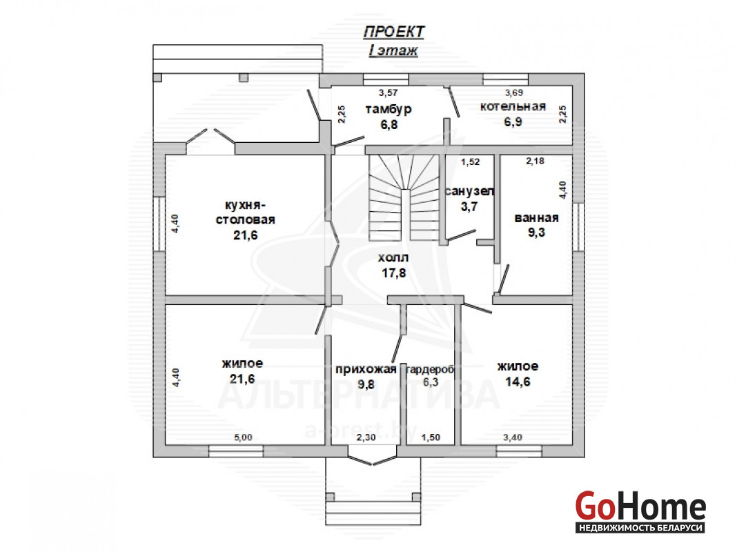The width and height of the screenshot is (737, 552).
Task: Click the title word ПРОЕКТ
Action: click(x=394, y=32)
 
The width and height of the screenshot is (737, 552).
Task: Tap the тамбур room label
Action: click(x=389, y=109)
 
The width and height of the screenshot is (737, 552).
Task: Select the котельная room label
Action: click(x=513, y=106)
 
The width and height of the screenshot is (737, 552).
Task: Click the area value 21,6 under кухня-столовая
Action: click(x=246, y=235)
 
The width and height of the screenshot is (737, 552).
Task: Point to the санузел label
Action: click(x=469, y=191)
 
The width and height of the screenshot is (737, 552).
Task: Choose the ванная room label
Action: click(x=536, y=218)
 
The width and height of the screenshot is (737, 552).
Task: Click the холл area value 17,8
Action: click(x=394, y=273)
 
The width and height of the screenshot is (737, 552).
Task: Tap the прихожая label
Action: click(x=366, y=369)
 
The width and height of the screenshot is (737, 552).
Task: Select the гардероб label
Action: click(x=430, y=370)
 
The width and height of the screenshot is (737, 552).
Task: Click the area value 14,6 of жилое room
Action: click(x=518, y=382)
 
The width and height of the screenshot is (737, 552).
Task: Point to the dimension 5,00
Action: click(x=243, y=437)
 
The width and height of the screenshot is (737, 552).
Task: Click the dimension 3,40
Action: click(x=512, y=437)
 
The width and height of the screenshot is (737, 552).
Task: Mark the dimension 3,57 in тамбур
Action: click(x=389, y=93)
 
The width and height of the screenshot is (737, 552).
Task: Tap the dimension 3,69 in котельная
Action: click(x=513, y=93)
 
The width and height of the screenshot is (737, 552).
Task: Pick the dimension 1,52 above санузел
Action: click(x=470, y=162)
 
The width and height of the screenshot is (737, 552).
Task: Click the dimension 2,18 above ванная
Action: click(x=535, y=161)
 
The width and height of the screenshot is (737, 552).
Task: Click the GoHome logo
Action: click(x=640, y=511)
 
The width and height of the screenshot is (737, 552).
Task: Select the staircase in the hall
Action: click(x=404, y=198)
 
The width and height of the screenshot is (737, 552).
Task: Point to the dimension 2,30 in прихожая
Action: click(x=366, y=437)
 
